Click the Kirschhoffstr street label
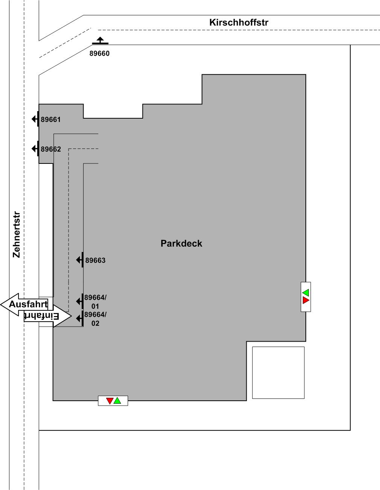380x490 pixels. (239, 23)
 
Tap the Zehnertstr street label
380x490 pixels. (17, 235)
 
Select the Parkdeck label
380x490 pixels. (181, 244)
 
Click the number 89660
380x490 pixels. (99, 53)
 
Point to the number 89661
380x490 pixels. (51, 119)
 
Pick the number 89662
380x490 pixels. (51, 149)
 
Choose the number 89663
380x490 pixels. (95, 261)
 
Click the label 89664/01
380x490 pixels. (95, 302)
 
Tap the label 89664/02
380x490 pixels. (95, 319)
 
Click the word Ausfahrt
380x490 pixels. (28, 304)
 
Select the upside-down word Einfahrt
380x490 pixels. (42, 316)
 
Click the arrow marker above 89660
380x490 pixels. (100, 40)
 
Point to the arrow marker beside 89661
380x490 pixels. (35, 119)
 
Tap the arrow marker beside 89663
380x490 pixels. (80, 260)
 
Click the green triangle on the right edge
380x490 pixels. (306, 293)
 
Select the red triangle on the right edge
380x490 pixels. (306, 300)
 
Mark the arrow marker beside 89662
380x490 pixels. (35, 149)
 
